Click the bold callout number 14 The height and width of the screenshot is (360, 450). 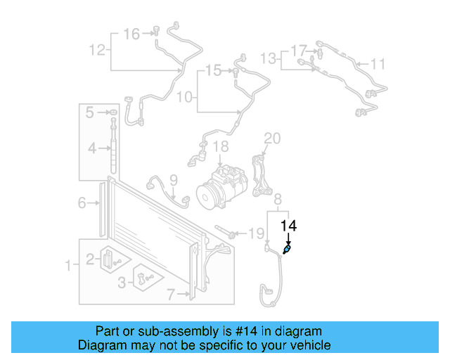tap(289, 226)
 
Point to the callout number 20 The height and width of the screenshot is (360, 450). tap(272, 137)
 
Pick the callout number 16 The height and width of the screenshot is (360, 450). tap(131, 33)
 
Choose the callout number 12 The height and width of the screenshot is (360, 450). tap(97, 49)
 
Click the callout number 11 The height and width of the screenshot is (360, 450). tap(378, 65)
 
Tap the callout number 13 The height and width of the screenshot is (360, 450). tap(269, 56)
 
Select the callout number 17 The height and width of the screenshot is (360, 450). tap(299, 51)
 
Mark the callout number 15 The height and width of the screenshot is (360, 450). tap(213, 70)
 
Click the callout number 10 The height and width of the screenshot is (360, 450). tap(184, 97)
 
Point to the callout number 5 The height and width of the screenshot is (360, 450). tap(90, 112)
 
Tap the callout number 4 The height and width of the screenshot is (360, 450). tap(91, 148)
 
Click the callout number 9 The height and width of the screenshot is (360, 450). tap(174, 181)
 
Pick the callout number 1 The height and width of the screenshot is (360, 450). tap(68, 266)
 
